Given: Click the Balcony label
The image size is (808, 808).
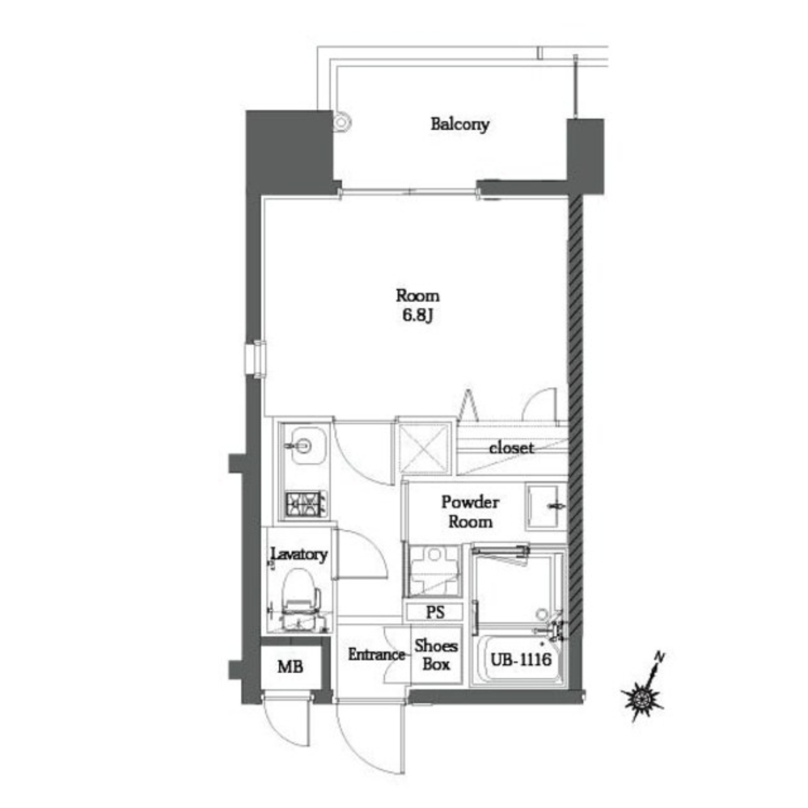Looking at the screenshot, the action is pyautogui.click(x=459, y=124).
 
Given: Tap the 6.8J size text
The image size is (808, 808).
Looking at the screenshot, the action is pyautogui.click(x=417, y=315).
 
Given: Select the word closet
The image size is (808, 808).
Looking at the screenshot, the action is pyautogui.click(x=511, y=448).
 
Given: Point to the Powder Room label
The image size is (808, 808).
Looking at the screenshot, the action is pyautogui.click(x=470, y=511).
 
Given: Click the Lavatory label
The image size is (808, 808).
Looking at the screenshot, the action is pyautogui.click(x=299, y=554).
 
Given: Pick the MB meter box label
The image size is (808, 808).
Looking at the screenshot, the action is pyautogui.click(x=290, y=667).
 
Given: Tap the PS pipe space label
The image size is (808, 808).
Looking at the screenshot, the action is pyautogui.click(x=435, y=612).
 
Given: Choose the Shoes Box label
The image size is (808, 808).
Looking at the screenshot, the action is pyautogui.click(x=436, y=655).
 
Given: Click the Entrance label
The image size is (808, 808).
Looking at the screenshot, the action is pyautogui.click(x=376, y=654).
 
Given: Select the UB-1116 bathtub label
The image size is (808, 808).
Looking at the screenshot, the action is pyautogui.click(x=521, y=659).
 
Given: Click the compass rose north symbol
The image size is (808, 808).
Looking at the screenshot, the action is pyautogui.click(x=642, y=699).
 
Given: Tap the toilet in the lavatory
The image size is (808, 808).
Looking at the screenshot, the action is pyautogui.click(x=300, y=598).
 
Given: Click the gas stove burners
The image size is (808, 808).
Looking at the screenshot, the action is pyautogui.click(x=306, y=504).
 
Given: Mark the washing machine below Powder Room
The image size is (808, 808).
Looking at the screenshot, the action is pyautogui.click(x=434, y=571).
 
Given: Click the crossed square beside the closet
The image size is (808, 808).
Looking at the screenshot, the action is pyautogui.click(x=424, y=448).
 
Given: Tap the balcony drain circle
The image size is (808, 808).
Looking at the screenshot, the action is pyautogui.click(x=341, y=122).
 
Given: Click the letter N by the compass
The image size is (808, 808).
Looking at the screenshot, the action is pyautogui.click(x=659, y=657).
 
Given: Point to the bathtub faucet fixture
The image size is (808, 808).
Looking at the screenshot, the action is pyautogui.click(x=554, y=627).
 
